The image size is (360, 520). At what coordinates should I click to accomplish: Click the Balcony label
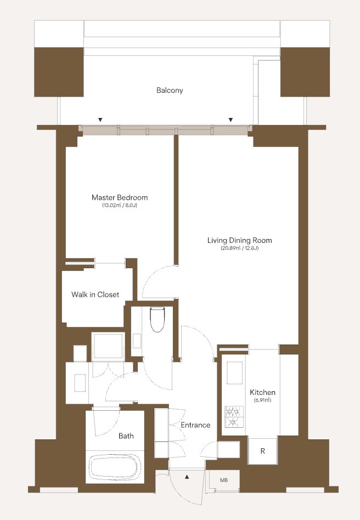click(x=170, y=90)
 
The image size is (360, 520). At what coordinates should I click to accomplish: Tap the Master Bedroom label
click(x=120, y=197)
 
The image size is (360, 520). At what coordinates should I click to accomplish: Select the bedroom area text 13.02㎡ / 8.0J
click(x=120, y=205)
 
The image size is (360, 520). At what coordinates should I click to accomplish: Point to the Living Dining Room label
click(x=240, y=240)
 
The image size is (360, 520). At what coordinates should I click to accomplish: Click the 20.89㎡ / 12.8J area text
click(x=240, y=248)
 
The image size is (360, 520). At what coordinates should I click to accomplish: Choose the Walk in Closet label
click(x=95, y=295)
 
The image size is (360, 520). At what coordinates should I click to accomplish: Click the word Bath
click(x=126, y=436)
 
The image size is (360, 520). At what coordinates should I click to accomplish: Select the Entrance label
click(x=195, y=425)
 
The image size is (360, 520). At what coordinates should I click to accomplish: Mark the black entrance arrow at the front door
click(x=187, y=477)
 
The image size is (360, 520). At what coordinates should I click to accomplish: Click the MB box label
click(x=224, y=480)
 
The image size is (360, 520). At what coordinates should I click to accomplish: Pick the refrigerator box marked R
click(x=262, y=451)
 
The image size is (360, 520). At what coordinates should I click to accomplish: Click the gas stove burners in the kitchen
click(x=234, y=416)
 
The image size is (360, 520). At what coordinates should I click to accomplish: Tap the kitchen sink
click(x=234, y=373)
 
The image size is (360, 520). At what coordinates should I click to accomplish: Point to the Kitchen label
click(x=262, y=392)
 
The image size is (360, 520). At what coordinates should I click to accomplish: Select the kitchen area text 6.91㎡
click(x=262, y=400)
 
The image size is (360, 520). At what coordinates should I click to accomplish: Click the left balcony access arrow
click(x=100, y=120)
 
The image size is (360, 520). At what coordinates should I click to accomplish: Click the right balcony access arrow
click(x=231, y=120)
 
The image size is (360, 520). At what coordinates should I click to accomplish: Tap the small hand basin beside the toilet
click(x=137, y=341)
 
